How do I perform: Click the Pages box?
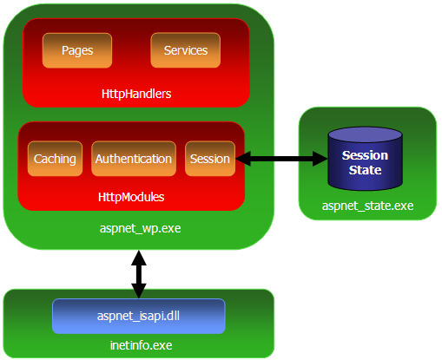pos(77,50)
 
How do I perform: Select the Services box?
pos(186,50)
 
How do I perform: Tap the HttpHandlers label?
pos(136,94)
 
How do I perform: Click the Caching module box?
pos(55,159)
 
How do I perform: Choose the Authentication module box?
pos(134,159)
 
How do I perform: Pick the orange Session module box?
pos(210,159)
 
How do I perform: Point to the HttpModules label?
pos(131,197)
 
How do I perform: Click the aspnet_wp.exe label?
pos(141,228)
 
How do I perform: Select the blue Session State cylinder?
pos(365,159)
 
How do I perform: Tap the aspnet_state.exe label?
pos(367,206)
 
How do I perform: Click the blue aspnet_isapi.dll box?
pos(139,316)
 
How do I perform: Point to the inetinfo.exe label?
pos(141,345)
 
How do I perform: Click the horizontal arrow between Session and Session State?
pos(281,159)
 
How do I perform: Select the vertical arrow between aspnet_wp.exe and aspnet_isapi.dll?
pos(139,274)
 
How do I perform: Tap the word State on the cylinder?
pos(365,170)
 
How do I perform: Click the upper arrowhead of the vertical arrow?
pos(139,259)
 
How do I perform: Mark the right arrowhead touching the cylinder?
pos(320,159)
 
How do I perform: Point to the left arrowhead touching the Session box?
pos(243,159)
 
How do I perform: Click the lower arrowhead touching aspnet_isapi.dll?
pos(139,291)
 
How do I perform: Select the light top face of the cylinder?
pos(365,134)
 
